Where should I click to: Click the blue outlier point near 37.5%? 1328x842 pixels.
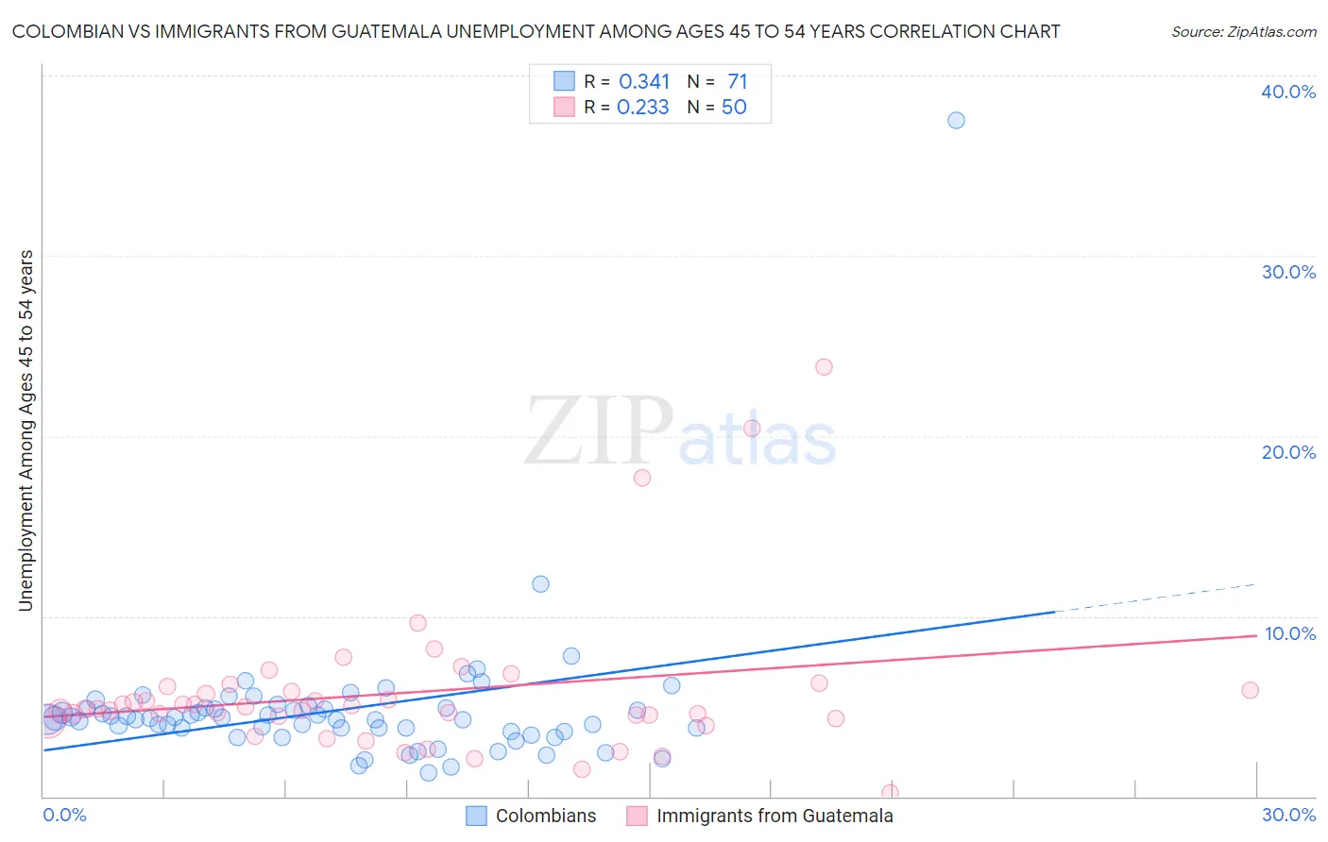(x=956, y=120)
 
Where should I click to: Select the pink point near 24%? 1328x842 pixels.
(x=824, y=366)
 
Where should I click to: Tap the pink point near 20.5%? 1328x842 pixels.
(x=752, y=428)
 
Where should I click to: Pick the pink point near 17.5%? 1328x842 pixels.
(x=642, y=478)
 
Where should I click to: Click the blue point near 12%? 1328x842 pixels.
(x=540, y=583)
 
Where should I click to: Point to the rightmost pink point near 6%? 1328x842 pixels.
(x=1250, y=690)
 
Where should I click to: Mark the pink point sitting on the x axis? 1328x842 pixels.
(x=890, y=793)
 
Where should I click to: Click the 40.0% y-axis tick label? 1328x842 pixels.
(x=1288, y=92)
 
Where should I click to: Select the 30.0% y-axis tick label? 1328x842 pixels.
(x=1288, y=272)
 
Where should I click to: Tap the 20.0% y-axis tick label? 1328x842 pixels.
(x=1288, y=452)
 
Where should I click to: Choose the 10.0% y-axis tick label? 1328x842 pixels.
(x=1289, y=633)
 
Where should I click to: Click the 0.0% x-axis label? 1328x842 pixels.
(x=64, y=815)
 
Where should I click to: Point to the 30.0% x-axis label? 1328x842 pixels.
(x=1288, y=815)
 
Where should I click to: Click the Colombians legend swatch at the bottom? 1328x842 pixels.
(x=477, y=816)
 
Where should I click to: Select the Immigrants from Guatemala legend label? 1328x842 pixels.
(x=775, y=816)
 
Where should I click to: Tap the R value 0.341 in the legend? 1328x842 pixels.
(x=644, y=82)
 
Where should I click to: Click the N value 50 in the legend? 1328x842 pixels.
(x=734, y=108)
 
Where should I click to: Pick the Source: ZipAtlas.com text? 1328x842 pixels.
(x=1243, y=31)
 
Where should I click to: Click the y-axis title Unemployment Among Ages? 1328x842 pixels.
(x=26, y=429)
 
